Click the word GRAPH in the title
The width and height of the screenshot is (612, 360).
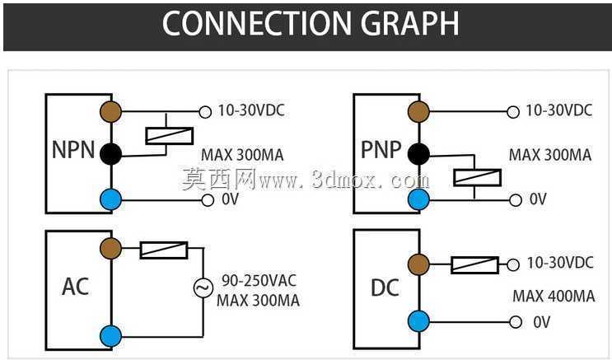(x=409, y=23)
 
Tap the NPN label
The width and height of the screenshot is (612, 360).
(x=73, y=150)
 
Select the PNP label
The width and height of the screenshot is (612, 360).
(x=381, y=149)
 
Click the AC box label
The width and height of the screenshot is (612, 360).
(x=75, y=287)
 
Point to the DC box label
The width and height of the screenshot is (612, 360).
(x=385, y=288)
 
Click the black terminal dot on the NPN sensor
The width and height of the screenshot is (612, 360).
(x=111, y=154)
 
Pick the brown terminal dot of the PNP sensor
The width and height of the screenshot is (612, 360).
(x=418, y=112)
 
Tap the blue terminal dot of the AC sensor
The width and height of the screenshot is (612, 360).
(x=111, y=336)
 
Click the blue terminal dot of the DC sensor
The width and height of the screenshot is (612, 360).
(x=418, y=321)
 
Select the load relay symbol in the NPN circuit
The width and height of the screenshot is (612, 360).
(x=169, y=136)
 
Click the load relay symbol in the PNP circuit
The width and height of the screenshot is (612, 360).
(x=477, y=178)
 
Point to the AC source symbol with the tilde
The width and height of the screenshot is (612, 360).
(x=203, y=288)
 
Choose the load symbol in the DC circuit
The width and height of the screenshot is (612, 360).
(x=474, y=265)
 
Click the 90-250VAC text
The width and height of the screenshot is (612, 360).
(x=259, y=280)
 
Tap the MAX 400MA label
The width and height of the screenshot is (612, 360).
(x=554, y=296)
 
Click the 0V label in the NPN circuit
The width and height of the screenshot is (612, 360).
(x=230, y=199)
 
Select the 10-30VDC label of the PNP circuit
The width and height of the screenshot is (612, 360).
(x=559, y=110)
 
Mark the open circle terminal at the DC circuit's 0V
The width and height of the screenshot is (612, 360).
(x=516, y=322)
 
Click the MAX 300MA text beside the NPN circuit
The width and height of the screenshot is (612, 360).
(x=242, y=155)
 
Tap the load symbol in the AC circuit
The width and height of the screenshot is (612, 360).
(x=164, y=250)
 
